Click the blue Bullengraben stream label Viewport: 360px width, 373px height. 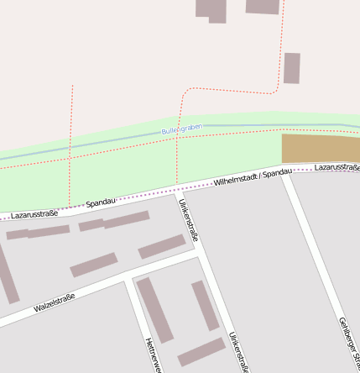182,129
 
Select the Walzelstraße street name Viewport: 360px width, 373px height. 55,303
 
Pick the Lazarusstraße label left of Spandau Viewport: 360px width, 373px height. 34,213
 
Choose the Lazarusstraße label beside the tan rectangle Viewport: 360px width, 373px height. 337,168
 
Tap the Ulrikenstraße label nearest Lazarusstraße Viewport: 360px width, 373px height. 188,220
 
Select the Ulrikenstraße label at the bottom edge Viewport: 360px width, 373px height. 239,351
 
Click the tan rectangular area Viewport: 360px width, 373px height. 320,149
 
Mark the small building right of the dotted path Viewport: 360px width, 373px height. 291,68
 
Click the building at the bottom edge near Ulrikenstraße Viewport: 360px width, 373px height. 201,352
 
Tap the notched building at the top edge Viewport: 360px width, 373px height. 211,10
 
